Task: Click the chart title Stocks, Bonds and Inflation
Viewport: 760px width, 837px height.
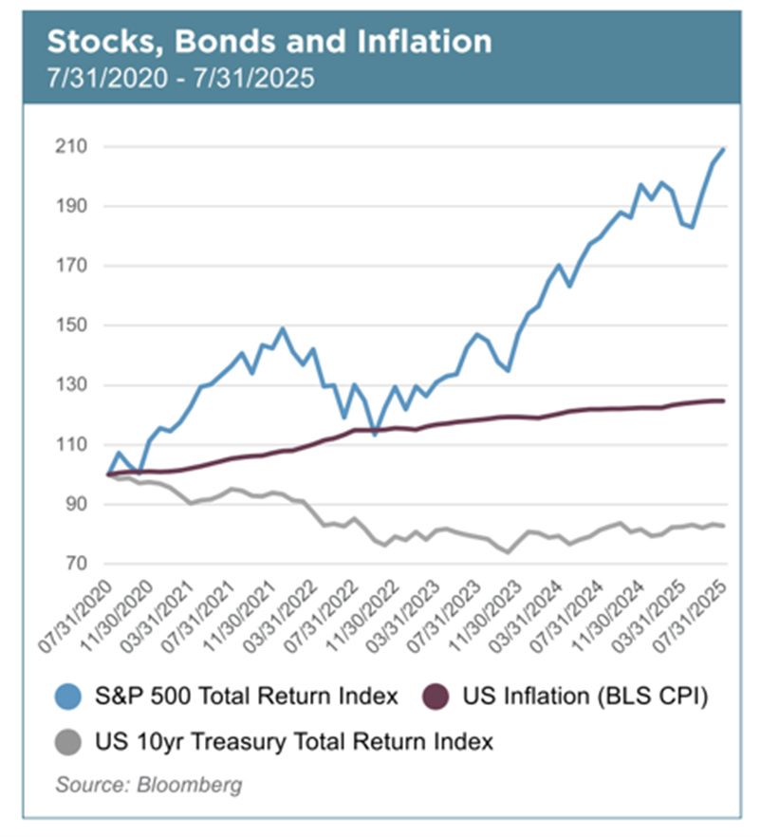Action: click(x=269, y=42)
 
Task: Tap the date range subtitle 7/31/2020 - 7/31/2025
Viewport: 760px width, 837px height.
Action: click(x=180, y=78)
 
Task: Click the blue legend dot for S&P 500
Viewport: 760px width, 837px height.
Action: click(x=66, y=697)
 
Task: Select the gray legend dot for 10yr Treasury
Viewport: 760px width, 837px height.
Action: click(x=66, y=741)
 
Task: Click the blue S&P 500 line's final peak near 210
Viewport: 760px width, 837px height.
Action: click(x=724, y=149)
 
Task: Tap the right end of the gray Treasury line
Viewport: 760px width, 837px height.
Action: click(x=725, y=526)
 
